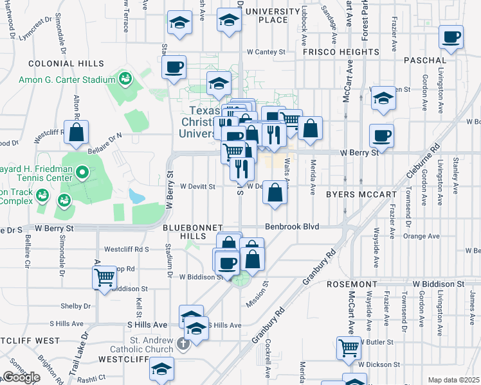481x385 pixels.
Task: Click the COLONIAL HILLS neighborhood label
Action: (x=66, y=64)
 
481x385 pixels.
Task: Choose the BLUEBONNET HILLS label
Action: (x=192, y=232)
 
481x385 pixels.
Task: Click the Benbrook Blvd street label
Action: (x=292, y=227)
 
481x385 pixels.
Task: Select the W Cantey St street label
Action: (x=266, y=51)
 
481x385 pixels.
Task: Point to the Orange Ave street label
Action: (x=421, y=236)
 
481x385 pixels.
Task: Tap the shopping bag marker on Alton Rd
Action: (x=77, y=133)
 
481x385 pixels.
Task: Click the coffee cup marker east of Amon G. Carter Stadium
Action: (x=174, y=67)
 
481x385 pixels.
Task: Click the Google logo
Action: (x=21, y=377)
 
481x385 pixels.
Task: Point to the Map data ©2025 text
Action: (x=454, y=380)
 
